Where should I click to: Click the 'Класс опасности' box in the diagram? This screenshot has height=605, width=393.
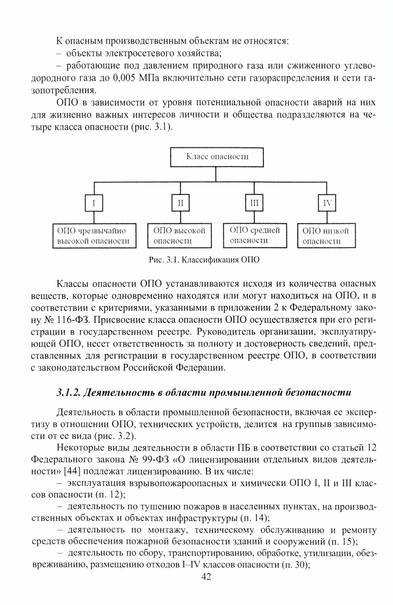[217, 157]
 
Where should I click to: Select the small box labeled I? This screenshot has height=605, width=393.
[94, 203]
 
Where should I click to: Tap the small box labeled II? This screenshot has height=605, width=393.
[180, 203]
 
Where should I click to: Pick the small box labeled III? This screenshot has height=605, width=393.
[254, 203]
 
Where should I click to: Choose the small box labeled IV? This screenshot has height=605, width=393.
[327, 203]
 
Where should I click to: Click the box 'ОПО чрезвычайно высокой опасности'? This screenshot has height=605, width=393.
[94, 236]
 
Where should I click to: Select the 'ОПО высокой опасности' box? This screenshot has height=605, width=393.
[180, 236]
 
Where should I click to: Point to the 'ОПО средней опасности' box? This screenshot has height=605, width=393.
[255, 235]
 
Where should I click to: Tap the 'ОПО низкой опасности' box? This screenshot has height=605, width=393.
[326, 236]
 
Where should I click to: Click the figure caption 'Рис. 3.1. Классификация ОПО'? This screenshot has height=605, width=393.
[204, 260]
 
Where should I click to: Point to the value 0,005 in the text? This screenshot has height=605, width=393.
[124, 78]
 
